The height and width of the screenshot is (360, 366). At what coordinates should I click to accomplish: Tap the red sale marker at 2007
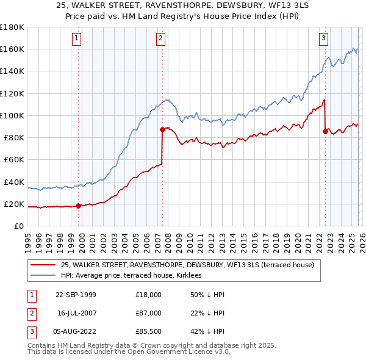click(163, 129)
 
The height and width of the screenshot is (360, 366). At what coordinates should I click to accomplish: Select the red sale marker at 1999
click(79, 206)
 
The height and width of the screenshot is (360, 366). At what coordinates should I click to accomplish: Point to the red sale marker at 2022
click(325, 131)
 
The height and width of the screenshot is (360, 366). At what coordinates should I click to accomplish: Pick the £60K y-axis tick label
click(13, 159)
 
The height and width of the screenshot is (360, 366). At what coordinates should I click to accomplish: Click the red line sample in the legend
click(43, 265)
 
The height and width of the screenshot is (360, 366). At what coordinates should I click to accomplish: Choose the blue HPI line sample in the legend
click(43, 276)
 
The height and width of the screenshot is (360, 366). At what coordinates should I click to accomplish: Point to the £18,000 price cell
click(148, 295)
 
